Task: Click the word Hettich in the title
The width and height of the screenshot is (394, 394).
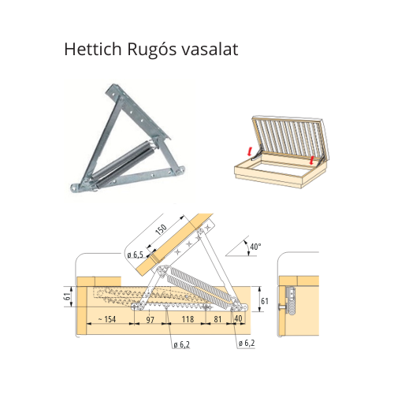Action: (93, 49)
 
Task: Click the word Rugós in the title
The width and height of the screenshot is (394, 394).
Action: (151, 50)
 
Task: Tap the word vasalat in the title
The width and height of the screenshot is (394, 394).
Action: (210, 49)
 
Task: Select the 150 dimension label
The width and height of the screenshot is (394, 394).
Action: (161, 229)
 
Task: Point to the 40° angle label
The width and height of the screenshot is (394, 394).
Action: (255, 247)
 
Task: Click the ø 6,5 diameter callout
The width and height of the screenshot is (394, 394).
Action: (135, 255)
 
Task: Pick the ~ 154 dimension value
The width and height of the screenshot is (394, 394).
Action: (107, 319)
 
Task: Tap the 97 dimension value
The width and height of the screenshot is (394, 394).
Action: (151, 320)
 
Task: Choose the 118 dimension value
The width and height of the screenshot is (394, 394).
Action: (188, 319)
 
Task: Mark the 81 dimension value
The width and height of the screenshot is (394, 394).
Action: (217, 319)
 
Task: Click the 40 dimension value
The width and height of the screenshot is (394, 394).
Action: (238, 318)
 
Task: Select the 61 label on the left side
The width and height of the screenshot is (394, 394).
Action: (68, 296)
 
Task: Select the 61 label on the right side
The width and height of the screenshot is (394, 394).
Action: (265, 301)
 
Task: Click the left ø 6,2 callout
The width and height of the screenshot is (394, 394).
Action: (181, 344)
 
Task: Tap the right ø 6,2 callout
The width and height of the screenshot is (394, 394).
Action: (247, 343)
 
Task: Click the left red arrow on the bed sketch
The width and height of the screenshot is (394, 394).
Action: (250, 151)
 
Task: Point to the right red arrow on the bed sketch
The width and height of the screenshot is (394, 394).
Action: (312, 161)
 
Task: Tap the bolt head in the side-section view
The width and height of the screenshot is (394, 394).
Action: (281, 307)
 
